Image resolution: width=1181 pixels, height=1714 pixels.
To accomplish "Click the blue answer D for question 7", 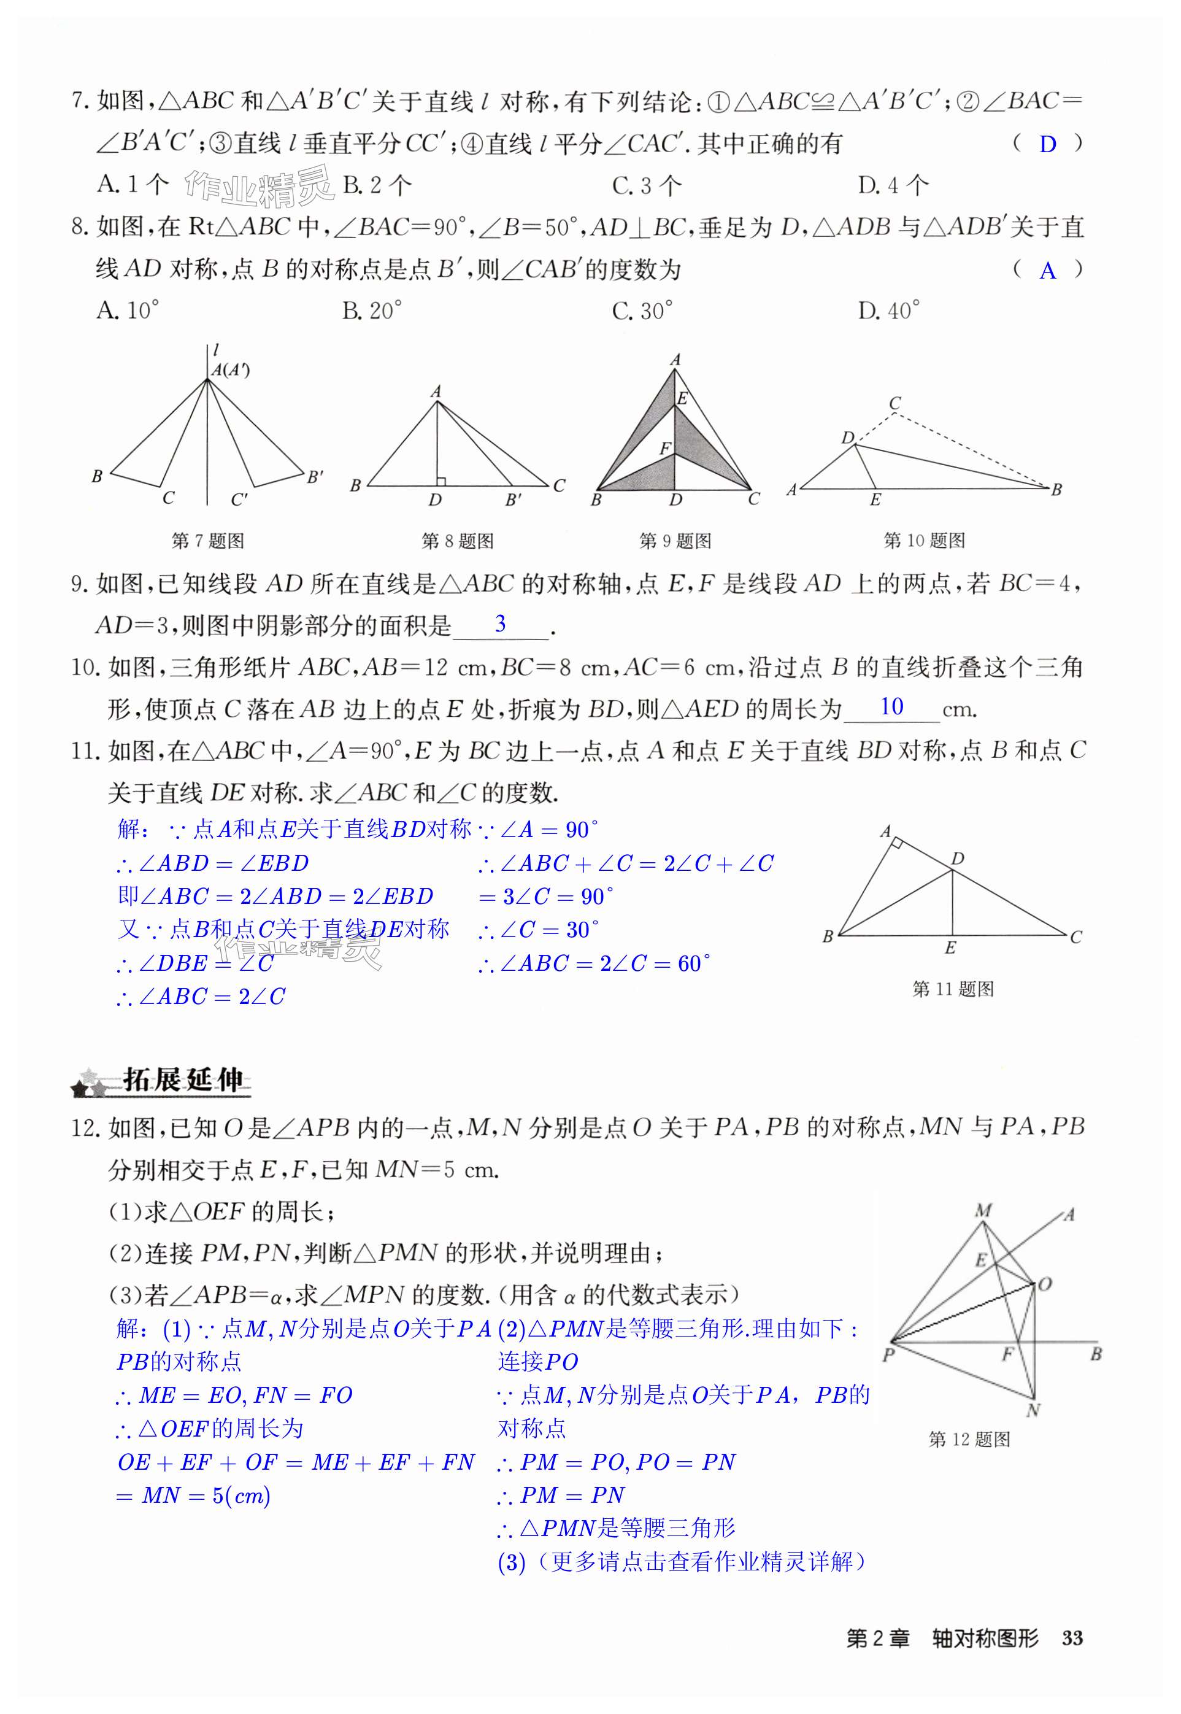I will (x=1047, y=144).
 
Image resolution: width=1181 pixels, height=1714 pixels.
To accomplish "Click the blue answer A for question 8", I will (x=1047, y=271).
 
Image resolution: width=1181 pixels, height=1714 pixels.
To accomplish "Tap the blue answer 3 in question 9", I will (x=500, y=624).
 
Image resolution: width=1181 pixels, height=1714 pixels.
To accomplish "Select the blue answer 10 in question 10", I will (x=891, y=707).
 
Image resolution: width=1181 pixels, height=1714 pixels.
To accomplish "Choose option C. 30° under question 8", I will (x=642, y=311).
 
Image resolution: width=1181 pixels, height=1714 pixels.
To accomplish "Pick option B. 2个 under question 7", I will (x=377, y=185).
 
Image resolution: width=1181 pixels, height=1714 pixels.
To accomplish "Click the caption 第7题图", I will (x=207, y=541).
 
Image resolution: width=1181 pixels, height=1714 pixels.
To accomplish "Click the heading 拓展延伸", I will (x=182, y=1081).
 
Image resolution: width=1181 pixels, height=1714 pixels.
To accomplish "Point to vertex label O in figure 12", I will (x=1045, y=1284).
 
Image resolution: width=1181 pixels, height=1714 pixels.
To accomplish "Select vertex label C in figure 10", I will (x=894, y=403).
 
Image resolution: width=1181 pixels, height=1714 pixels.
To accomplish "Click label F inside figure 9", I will (x=664, y=449).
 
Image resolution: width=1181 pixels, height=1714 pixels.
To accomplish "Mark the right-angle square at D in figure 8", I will (x=440, y=481).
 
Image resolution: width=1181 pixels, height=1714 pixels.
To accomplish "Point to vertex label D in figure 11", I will (x=958, y=859).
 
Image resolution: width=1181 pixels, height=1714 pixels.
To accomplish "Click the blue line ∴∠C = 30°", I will (x=538, y=930).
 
